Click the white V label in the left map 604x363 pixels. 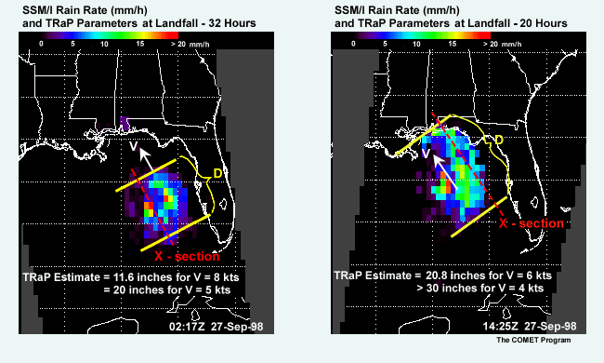(133, 146)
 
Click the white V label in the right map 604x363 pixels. (426, 154)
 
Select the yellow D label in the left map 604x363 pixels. (217, 174)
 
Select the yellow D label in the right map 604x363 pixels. (498, 140)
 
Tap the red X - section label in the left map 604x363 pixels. (187, 256)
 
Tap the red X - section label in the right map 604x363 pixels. (532, 223)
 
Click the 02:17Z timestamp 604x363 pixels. (187, 327)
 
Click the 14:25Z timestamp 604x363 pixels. (500, 326)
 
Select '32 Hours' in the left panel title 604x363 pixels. (232, 23)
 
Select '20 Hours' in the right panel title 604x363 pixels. (544, 23)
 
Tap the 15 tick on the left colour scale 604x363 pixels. (140, 44)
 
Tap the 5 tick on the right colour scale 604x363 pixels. (385, 44)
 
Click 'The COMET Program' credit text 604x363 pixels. (533, 340)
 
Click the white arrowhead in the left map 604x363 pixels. (144, 155)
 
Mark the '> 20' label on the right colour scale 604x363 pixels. (491, 44)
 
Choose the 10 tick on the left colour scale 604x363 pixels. (104, 44)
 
